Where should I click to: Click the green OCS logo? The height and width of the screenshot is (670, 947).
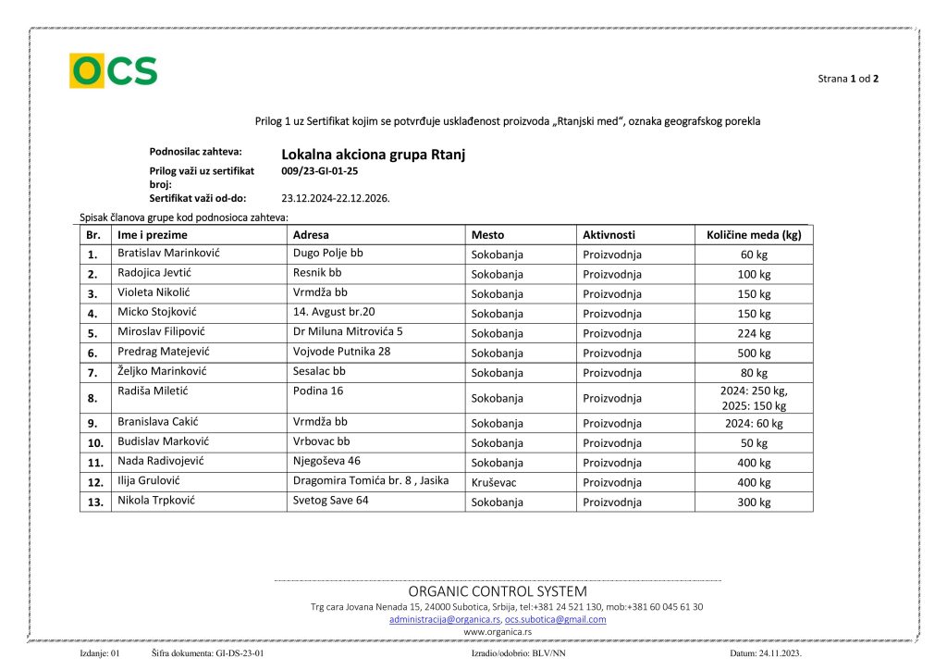pos(113,71)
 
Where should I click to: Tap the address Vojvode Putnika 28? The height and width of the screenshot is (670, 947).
pos(341,351)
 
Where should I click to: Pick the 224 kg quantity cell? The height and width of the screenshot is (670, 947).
pos(754,333)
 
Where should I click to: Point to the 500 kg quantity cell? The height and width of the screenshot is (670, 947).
pos(754,353)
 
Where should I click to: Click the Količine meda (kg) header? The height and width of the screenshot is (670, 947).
pos(754,235)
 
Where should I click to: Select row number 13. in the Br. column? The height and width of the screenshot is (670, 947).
pos(93,502)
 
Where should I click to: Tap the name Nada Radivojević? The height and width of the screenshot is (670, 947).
pos(161,461)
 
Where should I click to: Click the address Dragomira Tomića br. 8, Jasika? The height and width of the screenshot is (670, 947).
pos(370,480)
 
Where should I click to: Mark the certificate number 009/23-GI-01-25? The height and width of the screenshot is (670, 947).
pos(319,171)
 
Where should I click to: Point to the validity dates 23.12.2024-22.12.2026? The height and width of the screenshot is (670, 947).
pos(335,198)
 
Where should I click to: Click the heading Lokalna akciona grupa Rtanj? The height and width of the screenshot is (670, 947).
pos(373,155)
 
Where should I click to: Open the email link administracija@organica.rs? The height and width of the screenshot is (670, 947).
pos(445,619)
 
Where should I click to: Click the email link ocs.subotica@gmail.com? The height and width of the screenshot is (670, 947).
pos(555,619)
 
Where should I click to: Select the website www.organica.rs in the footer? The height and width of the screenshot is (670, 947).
pos(498,631)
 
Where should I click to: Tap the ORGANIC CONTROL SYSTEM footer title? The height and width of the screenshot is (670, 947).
pos(498,591)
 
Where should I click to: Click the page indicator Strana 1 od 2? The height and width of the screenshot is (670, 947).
pos(848,79)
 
